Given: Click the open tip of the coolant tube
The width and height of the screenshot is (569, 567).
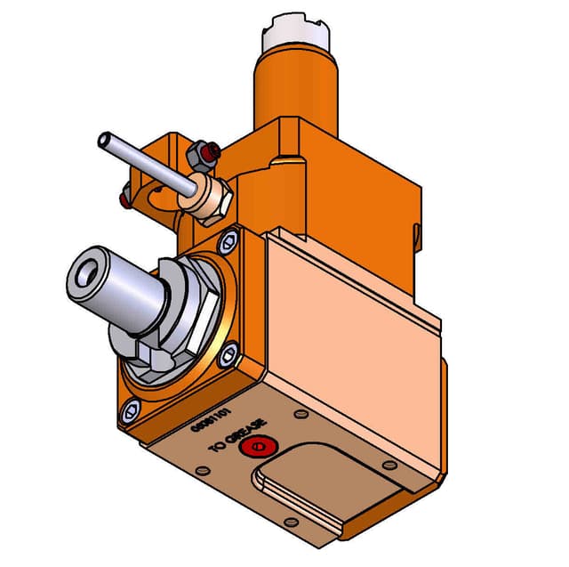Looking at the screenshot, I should tap(105, 140).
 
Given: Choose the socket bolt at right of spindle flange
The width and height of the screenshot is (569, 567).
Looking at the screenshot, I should tap(229, 356).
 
